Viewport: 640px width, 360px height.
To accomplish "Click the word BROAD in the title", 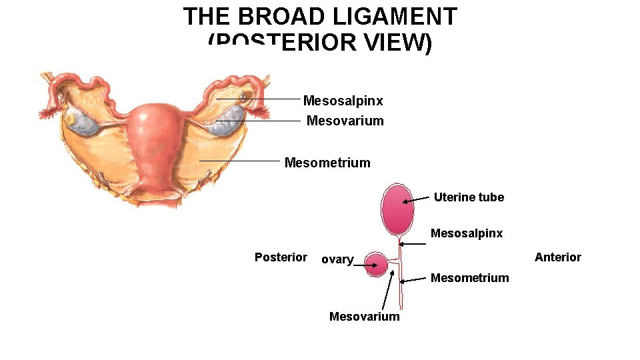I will coord(274,17).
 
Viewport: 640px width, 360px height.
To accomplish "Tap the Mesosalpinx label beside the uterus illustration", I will coord(343,101).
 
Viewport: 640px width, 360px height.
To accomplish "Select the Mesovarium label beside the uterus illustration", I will coord(345,121).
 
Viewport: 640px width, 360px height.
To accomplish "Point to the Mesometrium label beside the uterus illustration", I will coord(327,163).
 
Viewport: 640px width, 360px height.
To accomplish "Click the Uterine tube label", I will coord(469,197).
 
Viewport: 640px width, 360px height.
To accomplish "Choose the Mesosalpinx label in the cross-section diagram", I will coord(467,233).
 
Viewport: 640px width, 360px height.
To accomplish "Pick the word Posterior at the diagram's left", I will coord(281,257).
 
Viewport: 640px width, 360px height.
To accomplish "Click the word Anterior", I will coord(558,257).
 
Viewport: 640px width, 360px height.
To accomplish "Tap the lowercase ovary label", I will coord(337,259).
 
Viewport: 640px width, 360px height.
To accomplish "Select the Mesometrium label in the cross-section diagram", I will coord(469,278).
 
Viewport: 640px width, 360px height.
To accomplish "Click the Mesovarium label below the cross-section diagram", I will coord(365,317).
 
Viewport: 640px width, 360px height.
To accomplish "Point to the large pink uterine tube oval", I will coord(397,207).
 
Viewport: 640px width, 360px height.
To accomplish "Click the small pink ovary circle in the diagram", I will coord(377,265).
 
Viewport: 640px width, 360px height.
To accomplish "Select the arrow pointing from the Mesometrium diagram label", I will coord(415,279).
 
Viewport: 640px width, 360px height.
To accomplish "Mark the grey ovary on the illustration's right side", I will coord(228,121).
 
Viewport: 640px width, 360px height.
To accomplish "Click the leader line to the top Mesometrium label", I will coord(240,161).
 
